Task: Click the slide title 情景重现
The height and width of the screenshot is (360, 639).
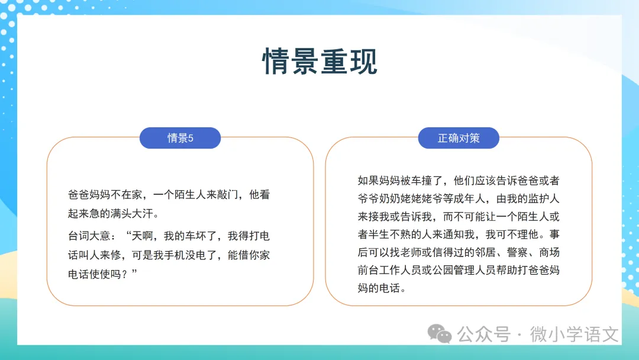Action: (x=319, y=61)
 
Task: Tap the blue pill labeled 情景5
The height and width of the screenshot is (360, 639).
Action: (x=180, y=138)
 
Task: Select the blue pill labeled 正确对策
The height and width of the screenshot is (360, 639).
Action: (x=459, y=138)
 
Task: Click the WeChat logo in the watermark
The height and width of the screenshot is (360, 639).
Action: (x=439, y=334)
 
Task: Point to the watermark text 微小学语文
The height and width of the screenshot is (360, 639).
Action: (x=574, y=335)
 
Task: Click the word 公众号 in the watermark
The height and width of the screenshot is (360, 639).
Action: (x=484, y=335)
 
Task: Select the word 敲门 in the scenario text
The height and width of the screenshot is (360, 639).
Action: (x=227, y=194)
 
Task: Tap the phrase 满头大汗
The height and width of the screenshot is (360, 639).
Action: (x=131, y=213)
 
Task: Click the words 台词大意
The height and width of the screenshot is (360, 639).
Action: (x=89, y=236)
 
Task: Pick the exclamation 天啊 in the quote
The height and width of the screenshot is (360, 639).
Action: (x=142, y=236)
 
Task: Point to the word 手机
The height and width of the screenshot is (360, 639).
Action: (x=175, y=255)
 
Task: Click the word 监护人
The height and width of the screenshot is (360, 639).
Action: (x=544, y=198)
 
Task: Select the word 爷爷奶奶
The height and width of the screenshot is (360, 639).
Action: (x=379, y=198)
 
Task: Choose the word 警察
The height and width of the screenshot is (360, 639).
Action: (x=517, y=252)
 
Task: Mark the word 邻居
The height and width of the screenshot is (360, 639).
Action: (x=485, y=252)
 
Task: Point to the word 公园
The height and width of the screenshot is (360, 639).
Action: (x=443, y=270)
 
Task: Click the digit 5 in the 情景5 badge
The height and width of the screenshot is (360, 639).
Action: (x=191, y=138)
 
